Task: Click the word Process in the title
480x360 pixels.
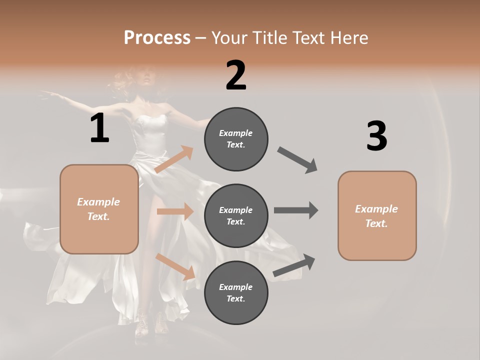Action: point(157,37)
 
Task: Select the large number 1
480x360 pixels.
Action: point(99,128)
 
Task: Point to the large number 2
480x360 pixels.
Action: point(236,75)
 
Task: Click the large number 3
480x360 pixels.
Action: point(376,136)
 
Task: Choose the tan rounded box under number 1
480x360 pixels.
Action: point(99,209)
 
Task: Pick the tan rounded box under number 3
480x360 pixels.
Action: point(377,215)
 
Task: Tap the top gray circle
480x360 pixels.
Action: point(236,138)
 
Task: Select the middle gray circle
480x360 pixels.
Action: point(236,215)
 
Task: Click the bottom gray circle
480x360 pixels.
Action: point(236,292)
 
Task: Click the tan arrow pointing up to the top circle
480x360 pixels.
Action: point(174,159)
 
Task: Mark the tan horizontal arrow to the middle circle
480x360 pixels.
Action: point(175,211)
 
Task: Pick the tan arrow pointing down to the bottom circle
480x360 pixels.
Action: point(175,266)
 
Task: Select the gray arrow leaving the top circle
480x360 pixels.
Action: point(297,160)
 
